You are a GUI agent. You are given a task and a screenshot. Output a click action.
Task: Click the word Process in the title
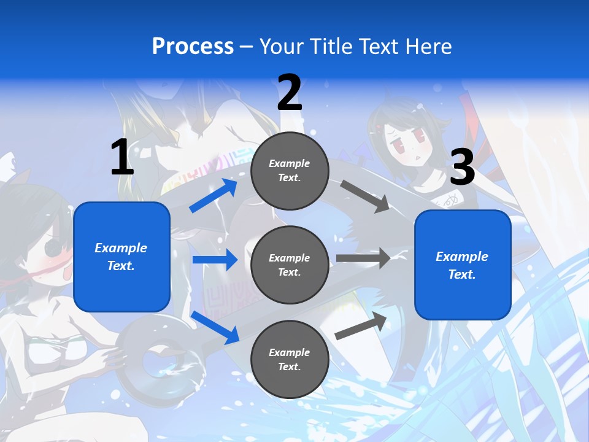tap(193, 47)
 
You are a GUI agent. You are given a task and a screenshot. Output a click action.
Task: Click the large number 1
tap(121, 158)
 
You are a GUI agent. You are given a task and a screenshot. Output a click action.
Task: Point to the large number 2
tap(290, 93)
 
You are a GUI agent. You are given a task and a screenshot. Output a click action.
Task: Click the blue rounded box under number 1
tap(121, 257)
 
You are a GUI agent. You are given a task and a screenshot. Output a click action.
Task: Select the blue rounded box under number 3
tap(463, 265)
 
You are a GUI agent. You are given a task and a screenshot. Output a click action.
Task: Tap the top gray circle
tap(290, 171)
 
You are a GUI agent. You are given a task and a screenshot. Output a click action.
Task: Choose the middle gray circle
tap(290, 265)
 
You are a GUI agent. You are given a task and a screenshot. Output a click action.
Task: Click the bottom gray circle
tap(290, 360)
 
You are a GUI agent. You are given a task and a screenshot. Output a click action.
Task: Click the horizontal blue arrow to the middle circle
tap(215, 260)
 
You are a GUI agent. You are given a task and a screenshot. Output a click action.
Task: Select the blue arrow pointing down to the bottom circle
tap(215, 327)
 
